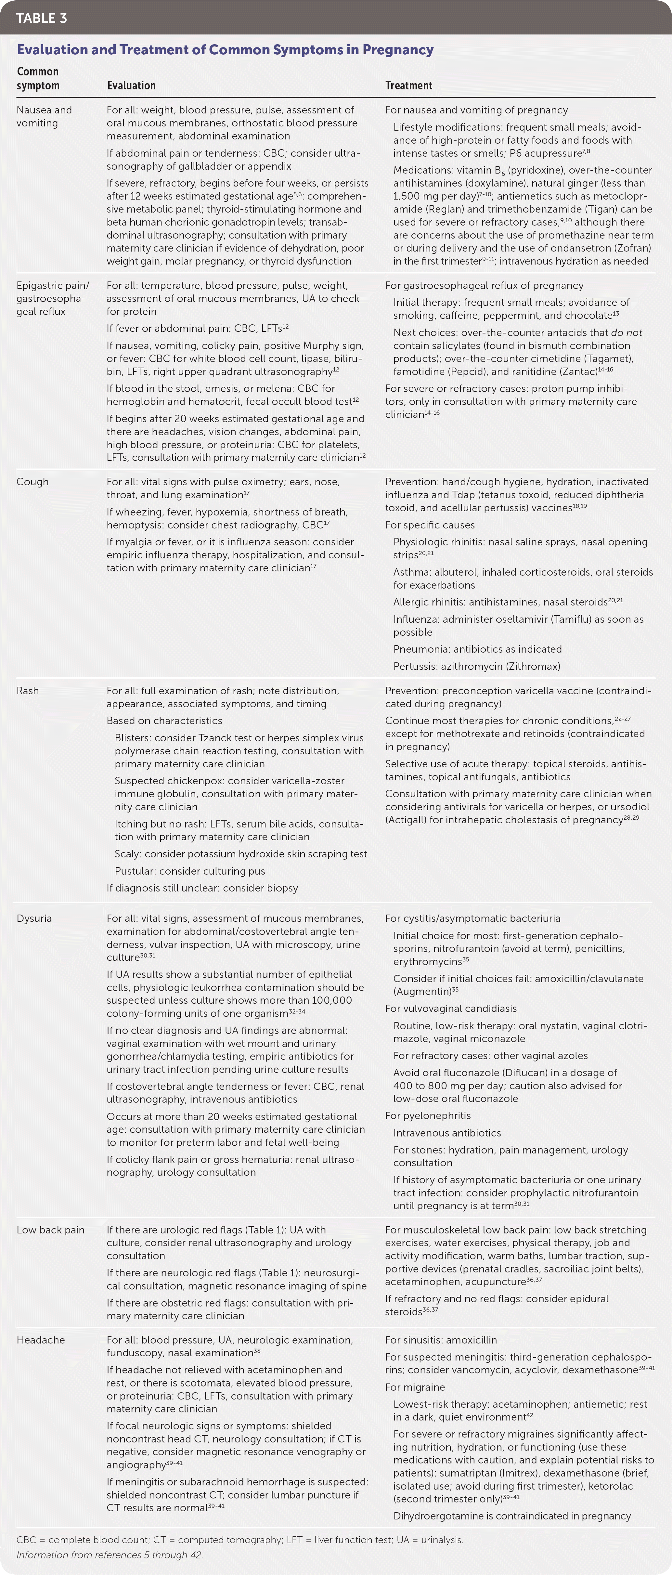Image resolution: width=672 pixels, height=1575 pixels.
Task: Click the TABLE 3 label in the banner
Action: [42, 18]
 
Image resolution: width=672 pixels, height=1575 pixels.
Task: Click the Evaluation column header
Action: [132, 85]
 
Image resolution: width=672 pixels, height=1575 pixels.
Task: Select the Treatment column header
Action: [408, 85]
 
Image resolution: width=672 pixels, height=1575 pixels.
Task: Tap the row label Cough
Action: [32, 482]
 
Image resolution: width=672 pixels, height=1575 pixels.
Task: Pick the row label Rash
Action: [28, 691]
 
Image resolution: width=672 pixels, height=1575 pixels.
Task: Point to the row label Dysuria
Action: [34, 918]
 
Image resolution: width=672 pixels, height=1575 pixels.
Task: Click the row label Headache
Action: [40, 1340]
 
